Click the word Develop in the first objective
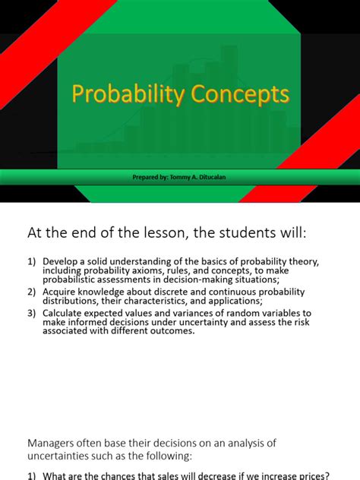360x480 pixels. [x=61, y=261]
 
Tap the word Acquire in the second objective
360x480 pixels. [x=60, y=292]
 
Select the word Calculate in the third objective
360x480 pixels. [x=65, y=312]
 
